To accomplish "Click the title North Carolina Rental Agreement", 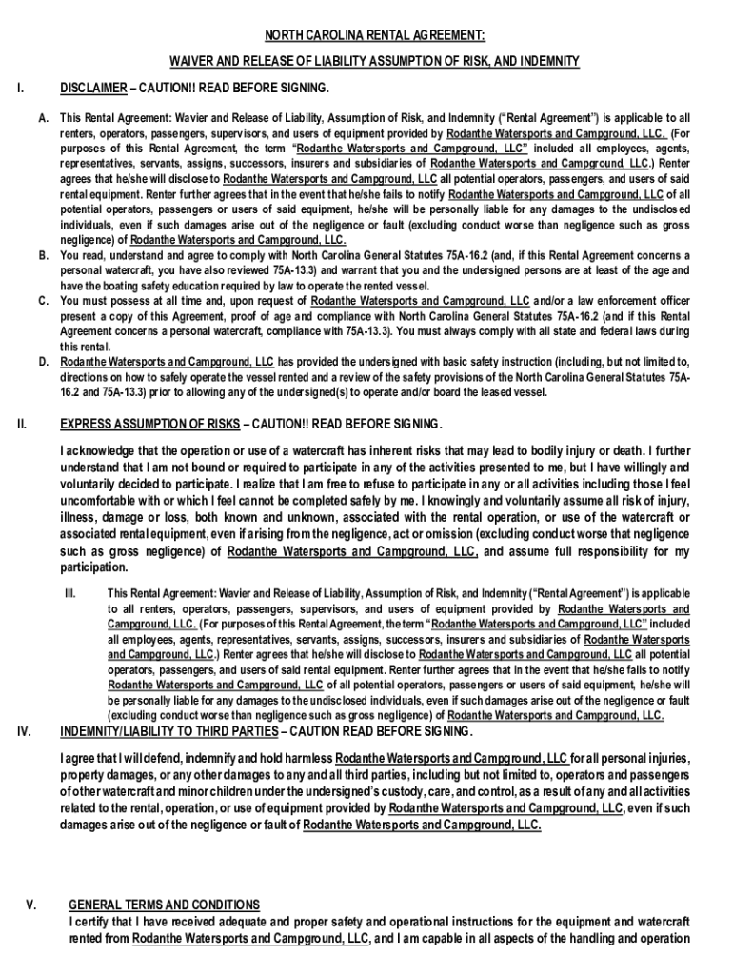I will coord(374,35).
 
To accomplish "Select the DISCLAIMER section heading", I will coord(92,89).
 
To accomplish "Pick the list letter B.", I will coord(44,255).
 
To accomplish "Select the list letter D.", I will coord(44,362).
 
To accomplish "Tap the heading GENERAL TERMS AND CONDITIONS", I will coord(164,904).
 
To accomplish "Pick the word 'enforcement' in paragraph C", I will coord(612,301).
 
